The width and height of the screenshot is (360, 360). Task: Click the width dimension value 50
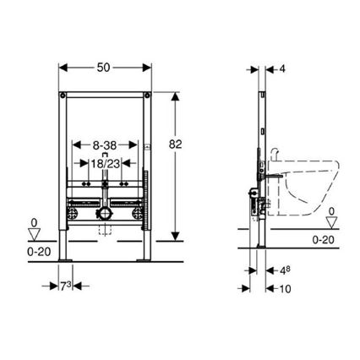point(105,65)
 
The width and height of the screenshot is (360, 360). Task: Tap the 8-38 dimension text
point(104,145)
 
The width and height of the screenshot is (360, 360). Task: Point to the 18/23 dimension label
point(104,161)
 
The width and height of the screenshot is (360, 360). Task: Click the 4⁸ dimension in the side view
point(286,270)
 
